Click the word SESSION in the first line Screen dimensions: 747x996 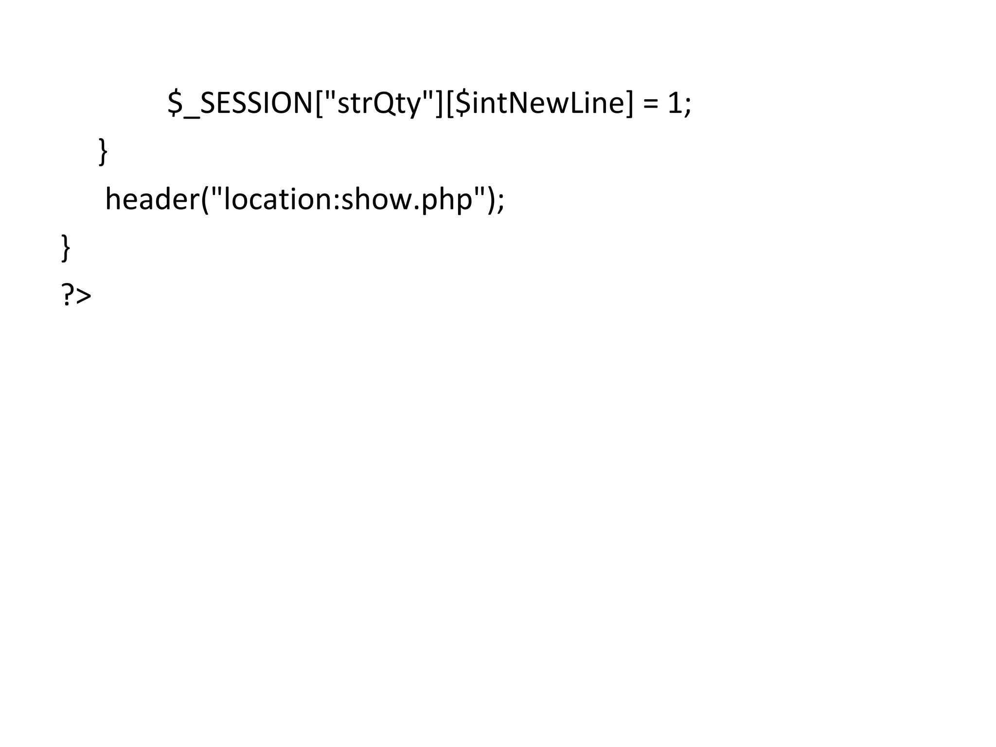pyautogui.click(x=256, y=103)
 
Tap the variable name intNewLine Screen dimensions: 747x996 pyautogui.click(x=548, y=103)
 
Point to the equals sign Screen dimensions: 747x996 pyautogui.click(x=650, y=104)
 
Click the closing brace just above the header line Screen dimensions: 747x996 pyautogui.click(x=103, y=152)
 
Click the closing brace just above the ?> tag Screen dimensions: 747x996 pyautogui.click(x=66, y=248)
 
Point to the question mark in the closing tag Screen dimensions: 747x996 pyautogui.click(x=68, y=296)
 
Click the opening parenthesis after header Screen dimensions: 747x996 pyautogui.click(x=205, y=199)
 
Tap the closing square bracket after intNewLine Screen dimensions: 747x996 pyautogui.click(x=630, y=103)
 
